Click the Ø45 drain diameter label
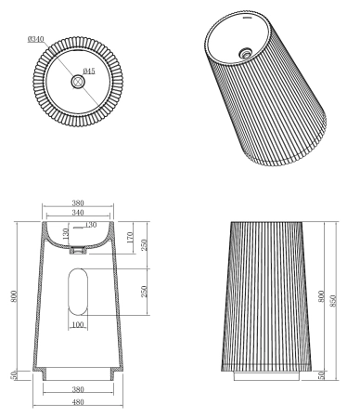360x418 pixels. [x=89, y=72]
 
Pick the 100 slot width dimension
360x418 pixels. [x=77, y=325]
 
